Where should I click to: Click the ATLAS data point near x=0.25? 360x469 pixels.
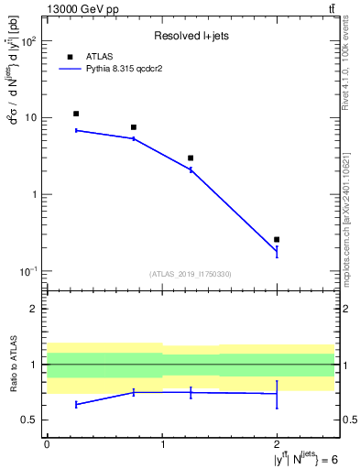point(76,114)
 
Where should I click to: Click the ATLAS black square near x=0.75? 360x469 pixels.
point(134,127)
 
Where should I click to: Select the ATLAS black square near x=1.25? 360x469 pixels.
point(191,158)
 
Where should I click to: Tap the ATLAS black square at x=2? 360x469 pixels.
point(277,239)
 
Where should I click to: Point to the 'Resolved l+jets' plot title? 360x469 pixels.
point(191,36)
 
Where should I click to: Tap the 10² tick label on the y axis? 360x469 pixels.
point(29,41)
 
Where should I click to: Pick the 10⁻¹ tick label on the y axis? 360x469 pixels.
point(29,271)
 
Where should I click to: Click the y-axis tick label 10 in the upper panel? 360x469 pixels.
point(31,118)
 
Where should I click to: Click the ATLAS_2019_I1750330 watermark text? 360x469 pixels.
point(191,274)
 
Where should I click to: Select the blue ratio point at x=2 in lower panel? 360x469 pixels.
point(277,394)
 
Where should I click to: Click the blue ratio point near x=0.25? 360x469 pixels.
point(76,404)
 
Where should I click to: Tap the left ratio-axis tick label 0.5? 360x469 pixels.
point(31,420)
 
